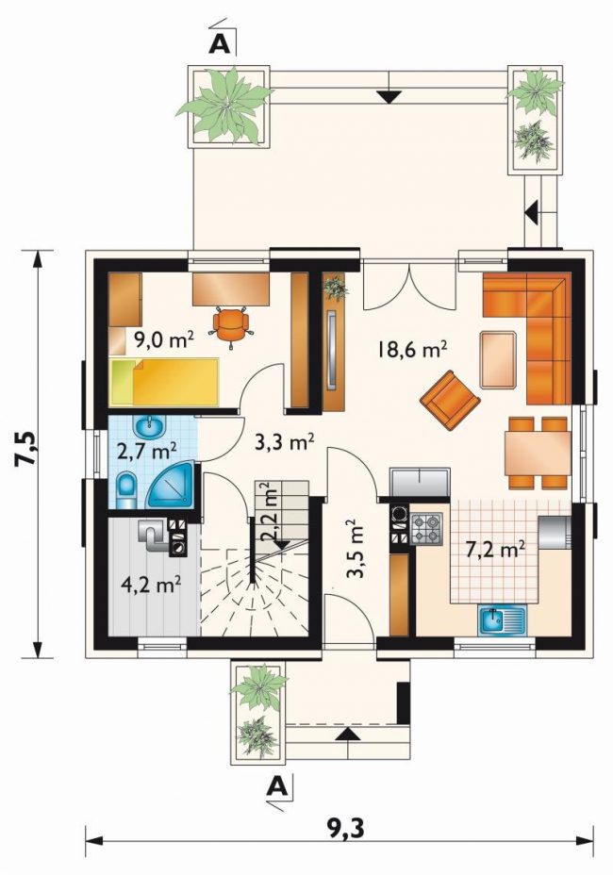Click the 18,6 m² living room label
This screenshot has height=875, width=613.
coord(412,350)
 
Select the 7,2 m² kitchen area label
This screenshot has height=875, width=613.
coord(495,551)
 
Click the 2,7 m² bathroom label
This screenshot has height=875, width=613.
coord(147,449)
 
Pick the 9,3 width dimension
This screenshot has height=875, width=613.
coord(345,829)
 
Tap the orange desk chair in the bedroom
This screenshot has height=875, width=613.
coord(230,324)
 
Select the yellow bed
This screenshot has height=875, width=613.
coord(165,382)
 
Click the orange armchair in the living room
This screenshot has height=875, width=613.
coord(451,400)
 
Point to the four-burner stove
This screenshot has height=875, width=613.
coord(426,529)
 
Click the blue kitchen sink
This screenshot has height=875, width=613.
coord(502,619)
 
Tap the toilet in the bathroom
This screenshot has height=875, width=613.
coord(127,490)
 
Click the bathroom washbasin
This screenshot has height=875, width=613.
coord(149,426)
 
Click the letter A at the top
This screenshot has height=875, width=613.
coord(219,44)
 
